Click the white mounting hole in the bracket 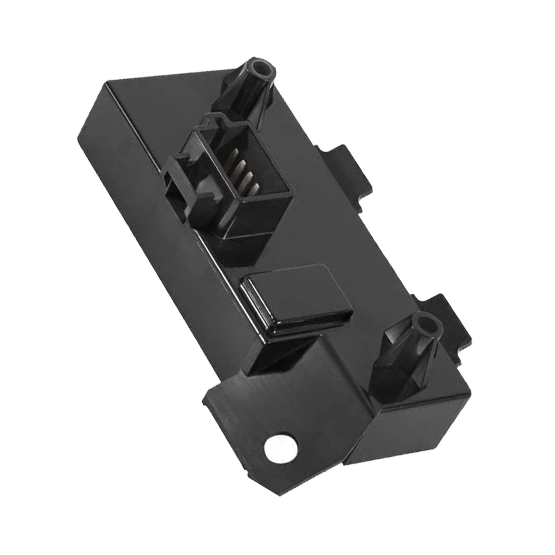coord(279,447)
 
